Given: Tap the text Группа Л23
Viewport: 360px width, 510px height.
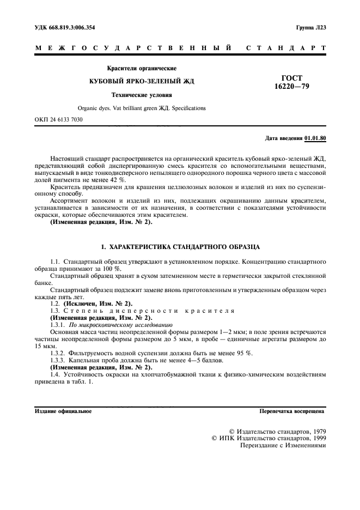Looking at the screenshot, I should [x=310, y=27].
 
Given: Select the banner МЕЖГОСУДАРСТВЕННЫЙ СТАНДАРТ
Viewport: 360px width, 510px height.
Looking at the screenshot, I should [x=180, y=48].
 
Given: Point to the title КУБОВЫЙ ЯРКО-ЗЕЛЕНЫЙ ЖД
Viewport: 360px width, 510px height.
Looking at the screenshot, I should [x=142, y=81].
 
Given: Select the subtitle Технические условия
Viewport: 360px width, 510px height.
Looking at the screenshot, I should [x=142, y=95].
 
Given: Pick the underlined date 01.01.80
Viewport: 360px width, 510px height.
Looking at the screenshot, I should [x=315, y=138].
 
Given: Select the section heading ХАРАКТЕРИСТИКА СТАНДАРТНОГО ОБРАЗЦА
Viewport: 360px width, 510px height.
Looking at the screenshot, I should [x=180, y=246].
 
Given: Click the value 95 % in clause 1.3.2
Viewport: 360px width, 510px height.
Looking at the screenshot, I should [x=244, y=352].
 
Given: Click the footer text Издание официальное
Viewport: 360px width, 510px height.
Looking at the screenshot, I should [x=63, y=411].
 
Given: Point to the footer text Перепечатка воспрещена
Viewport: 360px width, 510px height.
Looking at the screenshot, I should [x=292, y=411].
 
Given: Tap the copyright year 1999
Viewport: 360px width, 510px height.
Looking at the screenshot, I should [x=317, y=438].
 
